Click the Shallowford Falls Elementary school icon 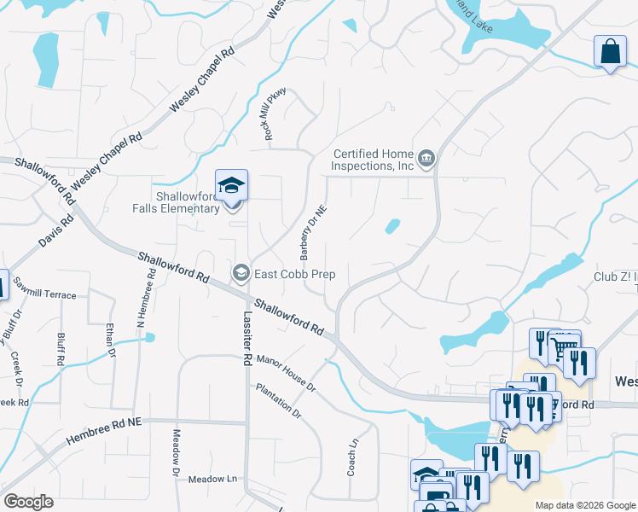[231, 186]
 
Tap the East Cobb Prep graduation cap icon [241, 273]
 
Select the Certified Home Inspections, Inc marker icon [426, 158]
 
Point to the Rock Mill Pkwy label [272, 114]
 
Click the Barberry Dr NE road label [312, 233]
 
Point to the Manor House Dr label [287, 374]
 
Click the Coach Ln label [352, 456]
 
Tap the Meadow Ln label [212, 479]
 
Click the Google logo [28, 502]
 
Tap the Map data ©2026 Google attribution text [584, 505]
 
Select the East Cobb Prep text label [293, 275]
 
